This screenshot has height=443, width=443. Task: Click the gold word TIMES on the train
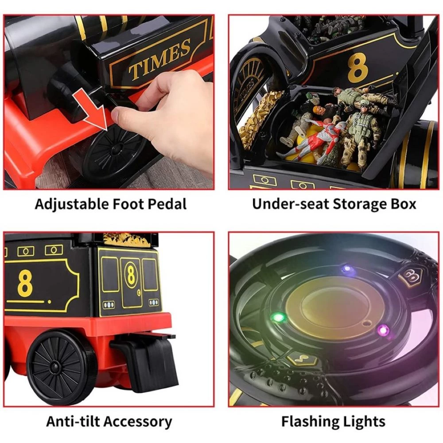(x=159, y=59)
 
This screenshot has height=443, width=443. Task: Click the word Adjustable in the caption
(x=71, y=204)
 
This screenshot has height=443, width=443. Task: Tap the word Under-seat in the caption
(x=291, y=204)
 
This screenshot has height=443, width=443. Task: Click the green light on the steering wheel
(x=278, y=318)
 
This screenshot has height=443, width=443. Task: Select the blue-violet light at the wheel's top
(x=347, y=268)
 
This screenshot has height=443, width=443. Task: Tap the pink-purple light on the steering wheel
(x=383, y=330)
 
